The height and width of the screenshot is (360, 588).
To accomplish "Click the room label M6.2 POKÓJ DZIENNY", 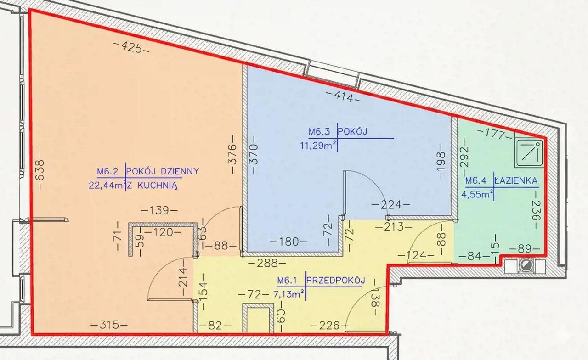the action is [148, 172].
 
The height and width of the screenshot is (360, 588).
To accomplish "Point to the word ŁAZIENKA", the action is [516, 181].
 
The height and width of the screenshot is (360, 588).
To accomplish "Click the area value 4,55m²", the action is [477, 194].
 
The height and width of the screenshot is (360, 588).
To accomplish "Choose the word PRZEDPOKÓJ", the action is [336, 281].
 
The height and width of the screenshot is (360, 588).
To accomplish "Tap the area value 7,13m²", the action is [289, 294].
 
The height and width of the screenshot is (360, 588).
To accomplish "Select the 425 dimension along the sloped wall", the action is [131, 48].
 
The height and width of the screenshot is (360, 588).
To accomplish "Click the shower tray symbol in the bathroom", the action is [529, 154].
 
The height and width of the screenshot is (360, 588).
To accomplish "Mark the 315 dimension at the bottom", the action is [109, 326].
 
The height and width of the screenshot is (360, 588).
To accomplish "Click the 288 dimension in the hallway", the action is [267, 263].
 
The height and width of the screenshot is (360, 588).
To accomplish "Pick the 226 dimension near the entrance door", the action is [329, 326].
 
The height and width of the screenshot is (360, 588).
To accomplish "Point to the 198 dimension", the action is [441, 162].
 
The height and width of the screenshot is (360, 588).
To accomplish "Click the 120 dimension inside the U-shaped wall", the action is [163, 232].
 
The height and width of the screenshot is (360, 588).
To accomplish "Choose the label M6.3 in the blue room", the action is [319, 131].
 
